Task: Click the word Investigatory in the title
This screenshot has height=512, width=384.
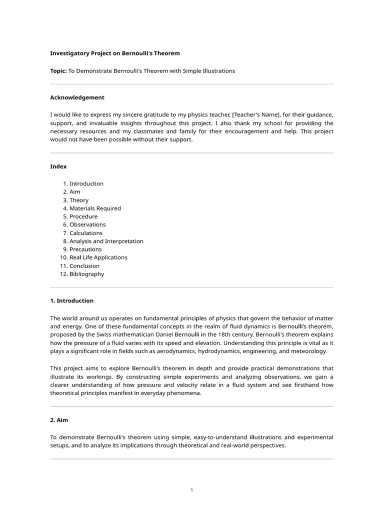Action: pyautogui.click(x=68, y=53)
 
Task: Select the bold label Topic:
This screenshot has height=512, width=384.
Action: pyautogui.click(x=58, y=71)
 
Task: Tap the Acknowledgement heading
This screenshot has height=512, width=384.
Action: pyautogui.click(x=77, y=97)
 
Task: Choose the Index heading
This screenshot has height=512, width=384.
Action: pyautogui.click(x=58, y=166)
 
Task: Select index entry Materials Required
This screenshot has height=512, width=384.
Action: pyautogui.click(x=95, y=208)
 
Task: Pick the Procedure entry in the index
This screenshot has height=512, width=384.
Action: pyautogui.click(x=83, y=216)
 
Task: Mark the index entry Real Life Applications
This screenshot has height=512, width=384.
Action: pyautogui.click(x=98, y=257)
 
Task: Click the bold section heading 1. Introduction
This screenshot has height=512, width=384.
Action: pyautogui.click(x=71, y=301)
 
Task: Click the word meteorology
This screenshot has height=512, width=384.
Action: pyautogui.click(x=309, y=351)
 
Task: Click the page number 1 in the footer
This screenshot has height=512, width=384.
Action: pyautogui.click(x=191, y=490)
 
